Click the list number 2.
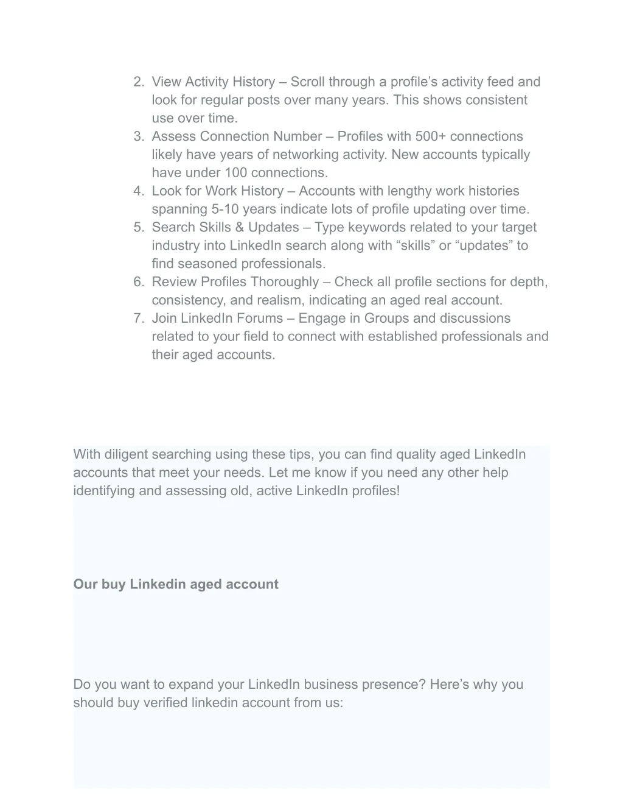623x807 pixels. point(138,82)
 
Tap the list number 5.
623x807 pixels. point(138,228)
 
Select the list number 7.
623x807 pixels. point(138,319)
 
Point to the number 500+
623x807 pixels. point(431,136)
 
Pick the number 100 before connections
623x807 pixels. point(235,173)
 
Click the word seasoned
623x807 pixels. point(206,264)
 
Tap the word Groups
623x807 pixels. point(386,319)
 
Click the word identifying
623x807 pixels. point(103,492)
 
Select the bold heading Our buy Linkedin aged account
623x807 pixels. point(176,585)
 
